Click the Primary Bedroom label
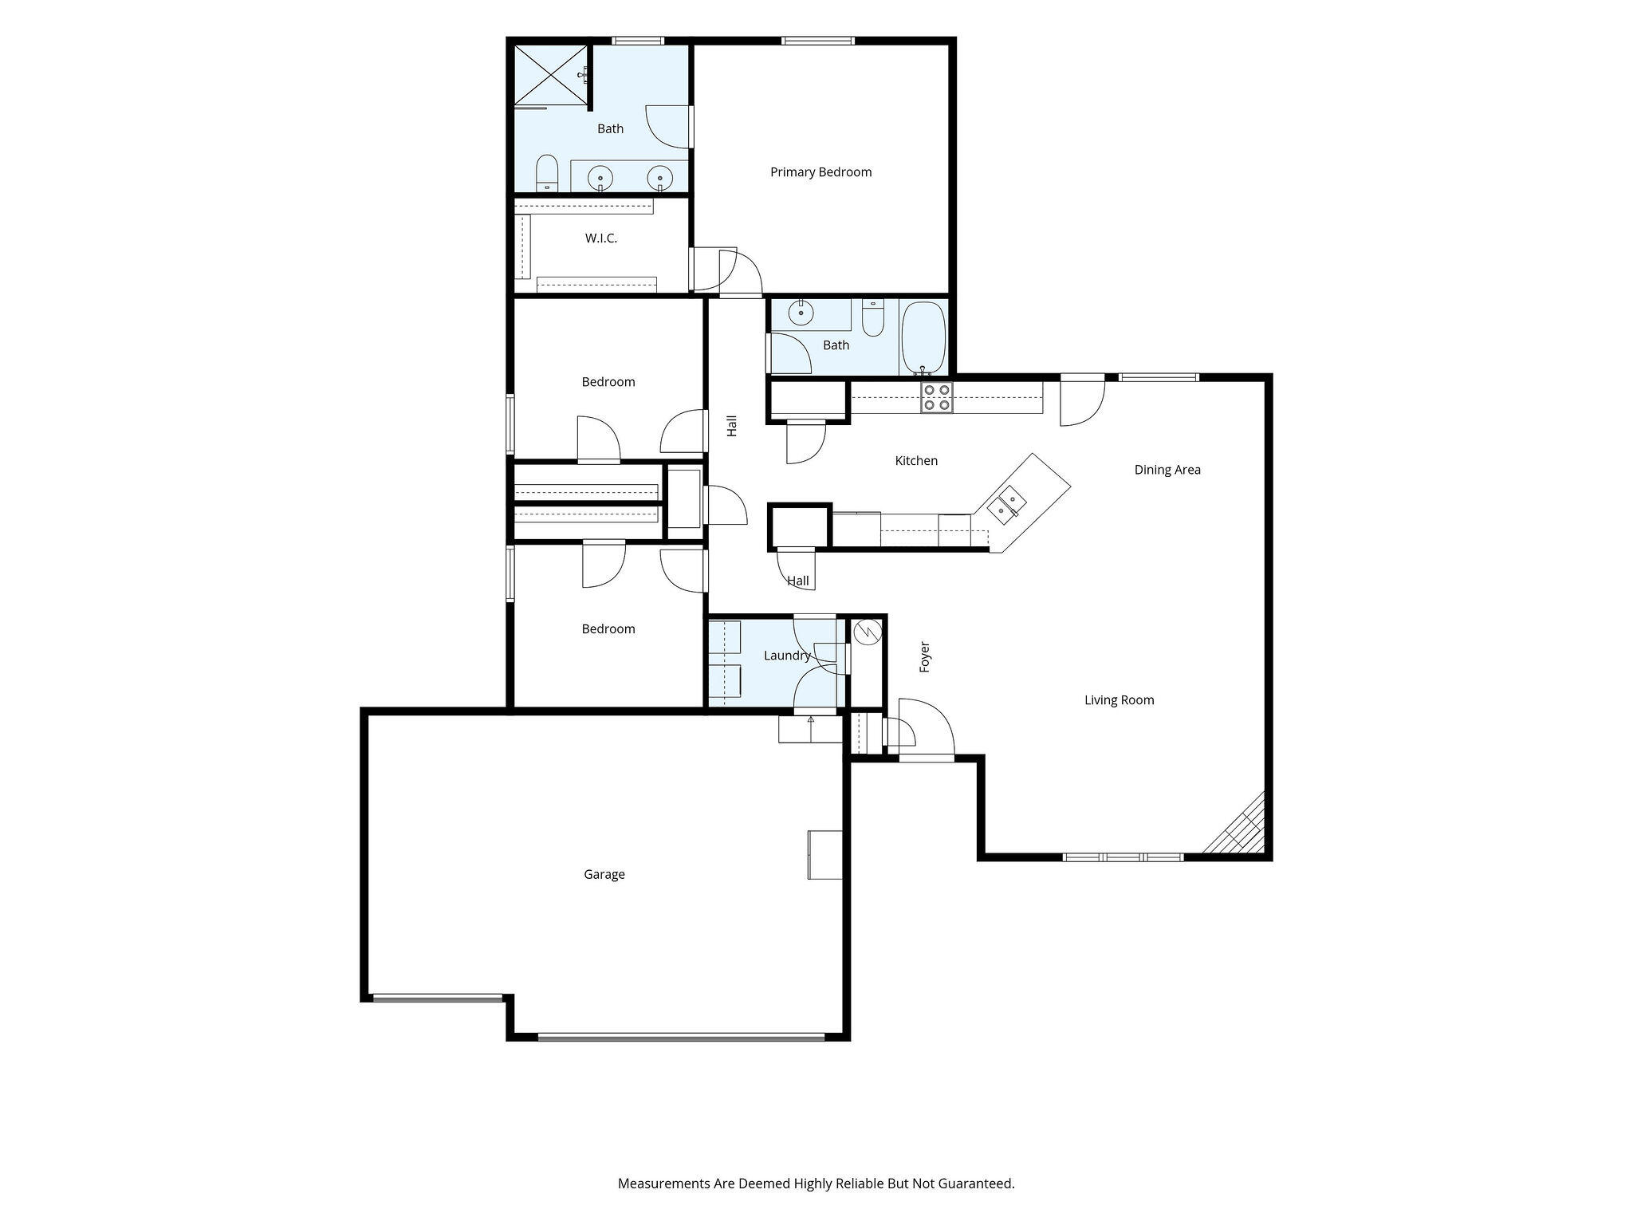[820, 172]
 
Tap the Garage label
[604, 874]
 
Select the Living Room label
[1119, 700]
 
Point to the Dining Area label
[1167, 470]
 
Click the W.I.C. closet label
[601, 238]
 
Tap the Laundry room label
[787, 656]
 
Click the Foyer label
[925, 657]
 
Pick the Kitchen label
[916, 461]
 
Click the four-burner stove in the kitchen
[936, 397]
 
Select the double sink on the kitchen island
[1007, 502]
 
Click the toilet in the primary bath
[546, 173]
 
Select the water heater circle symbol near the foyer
[866, 632]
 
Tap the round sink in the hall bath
[801, 313]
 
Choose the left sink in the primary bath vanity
[600, 176]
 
